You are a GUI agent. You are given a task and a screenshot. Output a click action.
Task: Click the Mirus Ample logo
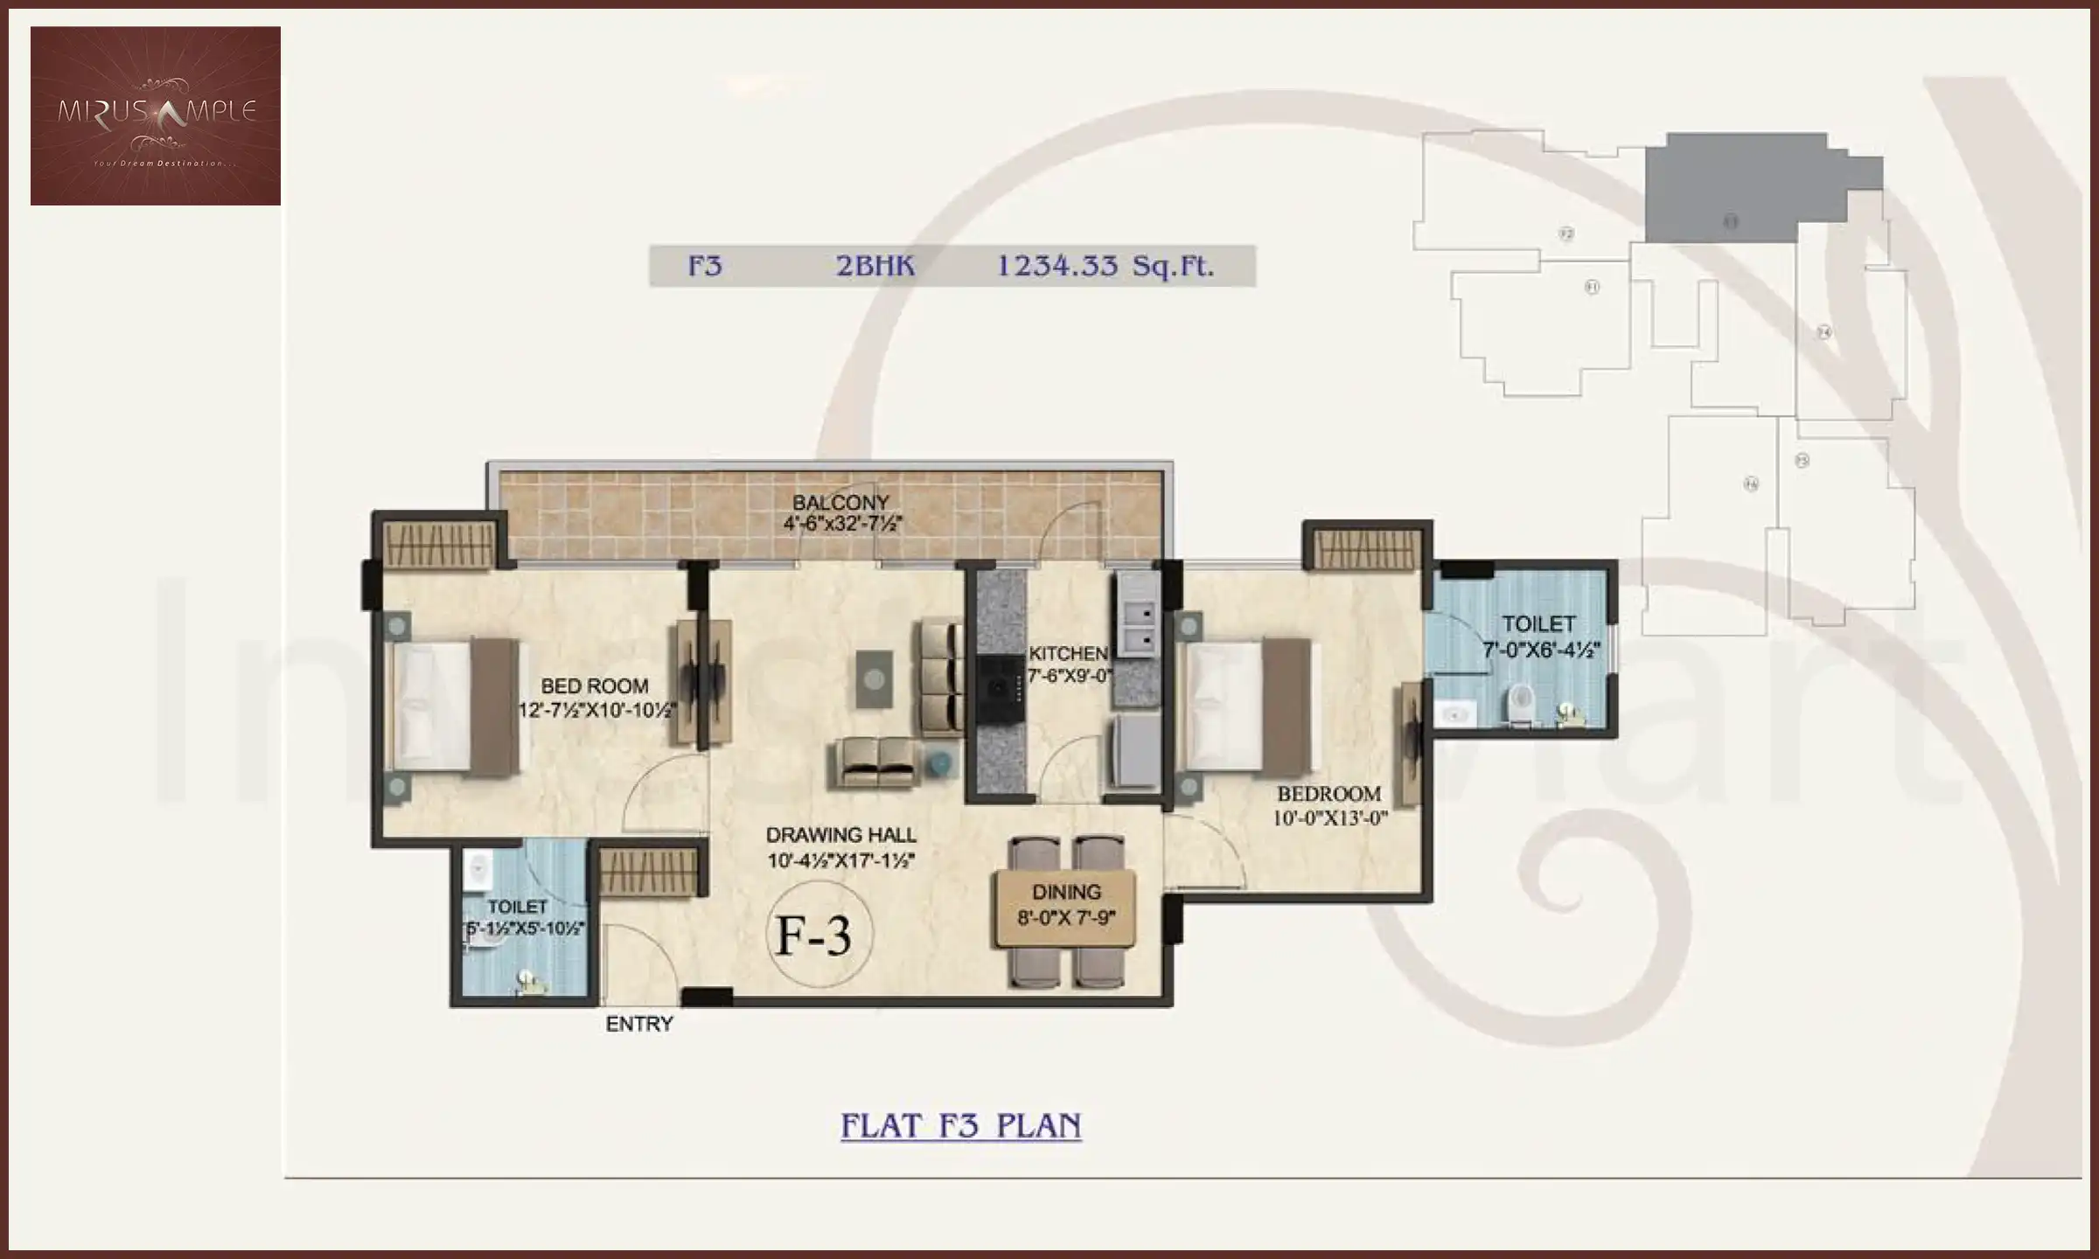coord(156,115)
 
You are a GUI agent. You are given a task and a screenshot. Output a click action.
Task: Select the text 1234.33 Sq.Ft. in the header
coord(1105,266)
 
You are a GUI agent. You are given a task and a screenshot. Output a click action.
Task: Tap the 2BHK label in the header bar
coord(875,266)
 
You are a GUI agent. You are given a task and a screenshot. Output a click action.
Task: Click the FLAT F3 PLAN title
coord(960,1125)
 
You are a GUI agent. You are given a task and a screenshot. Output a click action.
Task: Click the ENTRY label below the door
coord(639,1024)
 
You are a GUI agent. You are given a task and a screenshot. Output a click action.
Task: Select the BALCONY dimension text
coord(841,524)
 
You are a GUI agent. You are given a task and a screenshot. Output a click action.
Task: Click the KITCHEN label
coord(1067,653)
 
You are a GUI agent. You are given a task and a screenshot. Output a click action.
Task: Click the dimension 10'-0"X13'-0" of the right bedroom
coord(1329,818)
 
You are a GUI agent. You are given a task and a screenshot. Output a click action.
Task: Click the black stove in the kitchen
coord(1000,689)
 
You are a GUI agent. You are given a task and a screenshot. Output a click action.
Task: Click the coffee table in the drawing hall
coord(874,678)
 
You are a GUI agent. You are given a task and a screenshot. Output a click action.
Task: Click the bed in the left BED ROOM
coord(450,706)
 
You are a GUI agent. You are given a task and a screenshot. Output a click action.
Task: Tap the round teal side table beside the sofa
coord(939,763)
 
